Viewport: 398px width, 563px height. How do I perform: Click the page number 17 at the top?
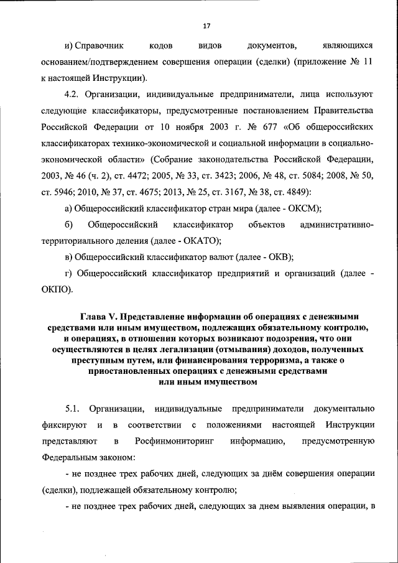(207, 26)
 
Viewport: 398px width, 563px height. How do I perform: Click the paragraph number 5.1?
(73, 409)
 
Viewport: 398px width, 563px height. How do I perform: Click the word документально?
(344, 409)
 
